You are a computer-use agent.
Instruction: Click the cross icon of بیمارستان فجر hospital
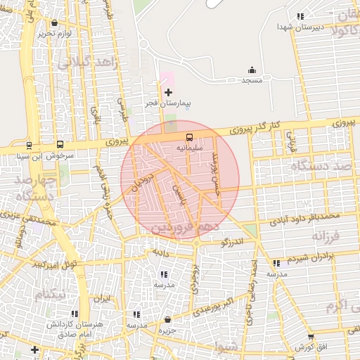[168, 92]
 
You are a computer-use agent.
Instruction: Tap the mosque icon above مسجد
[252, 70]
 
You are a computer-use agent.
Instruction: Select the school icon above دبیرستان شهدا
[301, 16]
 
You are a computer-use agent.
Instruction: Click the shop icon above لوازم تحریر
[55, 22]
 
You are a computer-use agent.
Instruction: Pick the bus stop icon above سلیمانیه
[189, 137]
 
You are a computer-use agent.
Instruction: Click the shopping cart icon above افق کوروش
[310, 337]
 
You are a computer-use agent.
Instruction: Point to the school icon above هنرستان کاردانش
[75, 314]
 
